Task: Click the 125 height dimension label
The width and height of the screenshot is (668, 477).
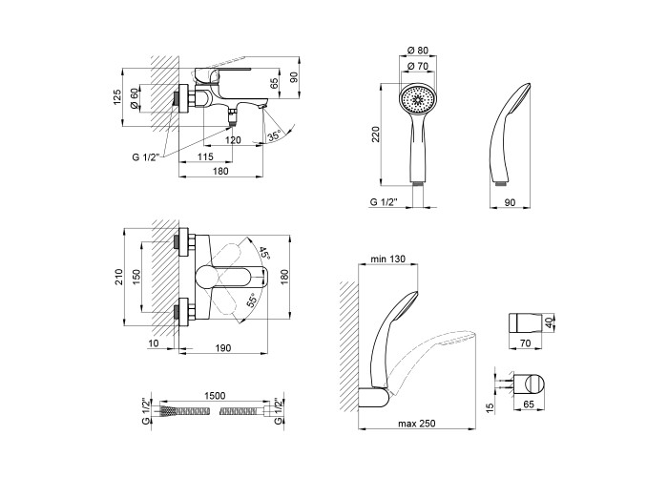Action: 118,97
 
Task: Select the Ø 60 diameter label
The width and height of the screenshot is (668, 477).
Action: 134,99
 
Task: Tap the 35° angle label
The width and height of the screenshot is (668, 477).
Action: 274,136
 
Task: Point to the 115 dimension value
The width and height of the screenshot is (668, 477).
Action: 205,157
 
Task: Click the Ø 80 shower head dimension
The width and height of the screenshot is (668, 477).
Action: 418,51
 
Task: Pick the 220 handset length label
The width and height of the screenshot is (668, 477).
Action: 375,135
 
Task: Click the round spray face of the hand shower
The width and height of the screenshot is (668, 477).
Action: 417,99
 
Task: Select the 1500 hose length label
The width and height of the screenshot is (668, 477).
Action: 215,396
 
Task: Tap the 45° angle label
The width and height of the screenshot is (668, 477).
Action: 264,253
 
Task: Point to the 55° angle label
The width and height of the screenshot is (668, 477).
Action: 252,301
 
